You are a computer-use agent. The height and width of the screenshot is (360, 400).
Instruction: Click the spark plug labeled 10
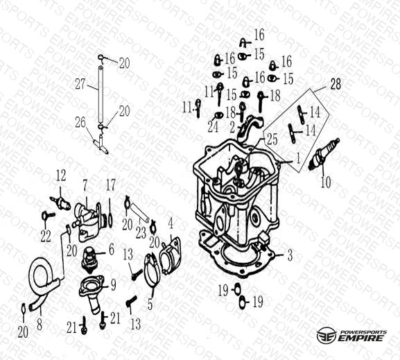click(324, 155)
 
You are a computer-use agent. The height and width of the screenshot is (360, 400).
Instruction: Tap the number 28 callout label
click(336, 84)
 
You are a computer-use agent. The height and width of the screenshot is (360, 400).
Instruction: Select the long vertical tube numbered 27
click(101, 94)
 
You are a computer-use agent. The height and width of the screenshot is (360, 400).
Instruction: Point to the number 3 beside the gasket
click(290, 255)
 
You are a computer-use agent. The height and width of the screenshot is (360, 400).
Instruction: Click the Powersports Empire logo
click(351, 336)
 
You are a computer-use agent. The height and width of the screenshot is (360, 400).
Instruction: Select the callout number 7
click(85, 186)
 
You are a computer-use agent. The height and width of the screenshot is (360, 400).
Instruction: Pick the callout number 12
click(61, 175)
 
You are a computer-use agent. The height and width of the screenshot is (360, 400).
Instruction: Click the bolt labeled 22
click(48, 216)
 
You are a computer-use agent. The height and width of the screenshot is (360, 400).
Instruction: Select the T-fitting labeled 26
click(101, 144)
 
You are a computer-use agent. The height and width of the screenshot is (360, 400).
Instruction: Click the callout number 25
click(272, 139)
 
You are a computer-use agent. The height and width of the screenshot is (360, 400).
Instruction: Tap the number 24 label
click(213, 127)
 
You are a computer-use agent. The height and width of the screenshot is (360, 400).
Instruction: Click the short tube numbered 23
click(140, 211)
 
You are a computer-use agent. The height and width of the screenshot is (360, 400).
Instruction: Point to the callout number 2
click(232, 127)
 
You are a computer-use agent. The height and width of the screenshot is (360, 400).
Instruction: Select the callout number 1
click(297, 158)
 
